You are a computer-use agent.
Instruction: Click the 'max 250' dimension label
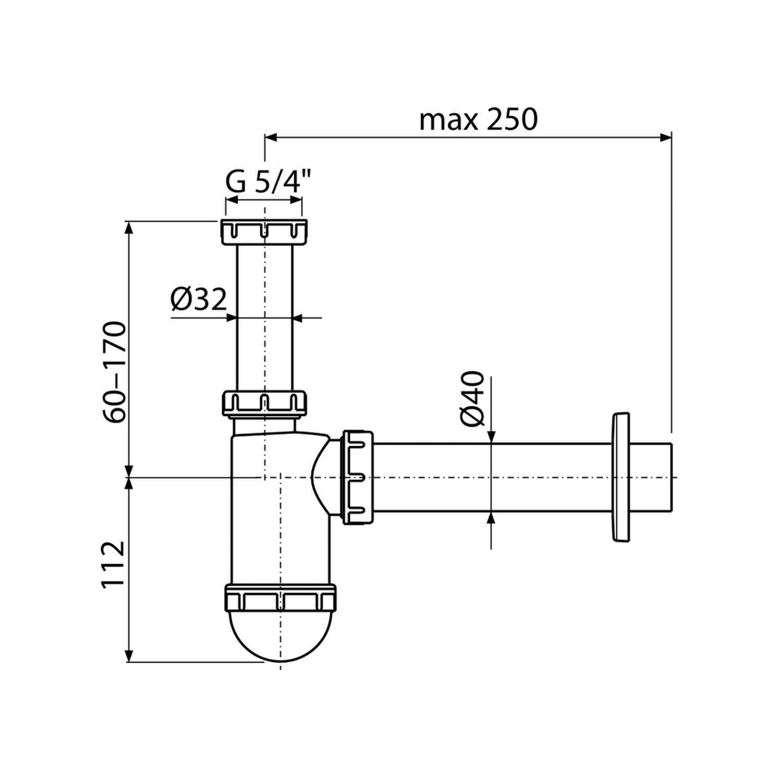coord(478,119)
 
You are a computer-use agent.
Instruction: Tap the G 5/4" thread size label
coord(268,181)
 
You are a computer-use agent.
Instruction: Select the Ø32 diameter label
coord(198,299)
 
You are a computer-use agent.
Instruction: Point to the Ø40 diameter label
coord(472,398)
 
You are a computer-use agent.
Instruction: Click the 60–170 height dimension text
coord(115,372)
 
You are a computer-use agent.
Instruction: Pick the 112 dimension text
coord(113,564)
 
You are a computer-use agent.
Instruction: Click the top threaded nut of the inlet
coord(264,231)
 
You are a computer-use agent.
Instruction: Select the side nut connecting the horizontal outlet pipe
coord(357,478)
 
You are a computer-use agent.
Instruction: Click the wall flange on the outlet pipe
coord(620,477)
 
